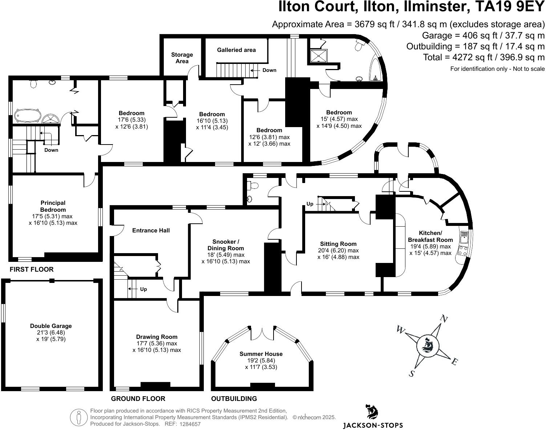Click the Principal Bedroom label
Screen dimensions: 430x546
[53, 206]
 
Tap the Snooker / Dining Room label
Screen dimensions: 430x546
[226, 245]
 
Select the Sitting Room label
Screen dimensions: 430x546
[338, 244]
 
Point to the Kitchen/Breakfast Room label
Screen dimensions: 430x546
[430, 236]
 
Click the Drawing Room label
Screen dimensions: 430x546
[157, 337]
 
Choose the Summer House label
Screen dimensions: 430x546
[261, 354]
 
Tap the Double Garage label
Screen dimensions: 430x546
[51, 326]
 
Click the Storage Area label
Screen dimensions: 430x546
[182, 58]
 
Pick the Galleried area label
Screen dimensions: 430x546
[236, 50]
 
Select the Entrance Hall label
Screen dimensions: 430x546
[151, 230]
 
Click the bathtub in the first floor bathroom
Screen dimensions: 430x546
[28, 116]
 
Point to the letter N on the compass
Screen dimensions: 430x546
[444, 319]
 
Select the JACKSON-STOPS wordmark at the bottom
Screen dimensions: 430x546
[373, 425]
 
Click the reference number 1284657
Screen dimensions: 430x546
[190, 424]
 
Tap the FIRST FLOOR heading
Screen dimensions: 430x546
[32, 269]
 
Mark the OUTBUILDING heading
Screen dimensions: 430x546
[234, 399]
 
